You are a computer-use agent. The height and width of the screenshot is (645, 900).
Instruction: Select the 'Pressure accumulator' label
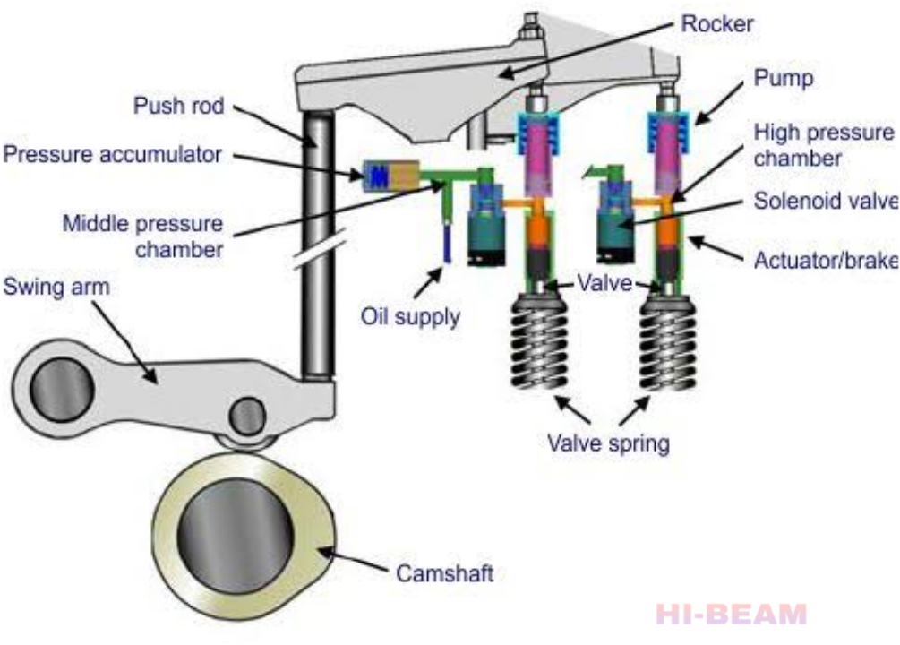point(113,154)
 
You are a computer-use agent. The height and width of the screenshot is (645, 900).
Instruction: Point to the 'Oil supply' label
point(410,316)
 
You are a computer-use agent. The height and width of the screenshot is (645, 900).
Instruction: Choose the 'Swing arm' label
point(57,288)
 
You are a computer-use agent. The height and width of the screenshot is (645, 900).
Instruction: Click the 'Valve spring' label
point(609,443)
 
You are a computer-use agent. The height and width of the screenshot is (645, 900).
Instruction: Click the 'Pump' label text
point(783,79)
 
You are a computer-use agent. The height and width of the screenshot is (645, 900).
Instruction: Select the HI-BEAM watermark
point(731,615)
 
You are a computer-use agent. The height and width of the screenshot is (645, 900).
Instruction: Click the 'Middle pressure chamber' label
point(142,236)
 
